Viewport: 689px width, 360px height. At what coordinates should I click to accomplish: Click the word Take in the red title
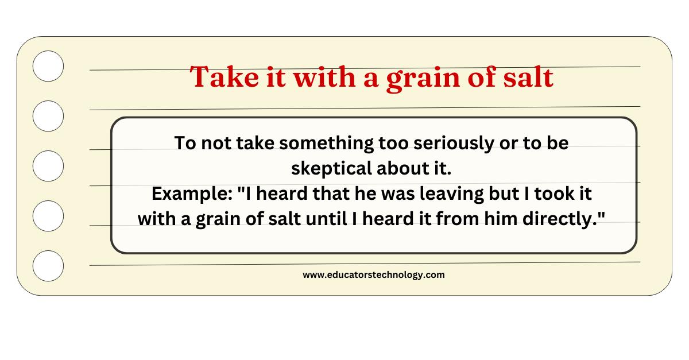pyautogui.click(x=224, y=77)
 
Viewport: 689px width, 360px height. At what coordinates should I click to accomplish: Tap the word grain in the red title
pyautogui.click(x=424, y=79)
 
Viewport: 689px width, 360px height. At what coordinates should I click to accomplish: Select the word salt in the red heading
pyautogui.click(x=528, y=77)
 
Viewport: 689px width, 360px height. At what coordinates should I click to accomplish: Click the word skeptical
pyautogui.click(x=332, y=169)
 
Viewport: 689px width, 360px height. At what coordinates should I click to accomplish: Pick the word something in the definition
pyautogui.click(x=326, y=144)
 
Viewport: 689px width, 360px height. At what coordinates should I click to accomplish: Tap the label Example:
pyautogui.click(x=192, y=194)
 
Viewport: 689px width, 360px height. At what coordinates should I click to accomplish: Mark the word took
pyautogui.click(x=552, y=194)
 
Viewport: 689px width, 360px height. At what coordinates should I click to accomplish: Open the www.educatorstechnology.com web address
pyautogui.click(x=374, y=275)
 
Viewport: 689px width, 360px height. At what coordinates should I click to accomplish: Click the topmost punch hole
pyautogui.click(x=48, y=66)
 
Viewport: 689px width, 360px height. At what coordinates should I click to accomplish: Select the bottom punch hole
pyautogui.click(x=48, y=266)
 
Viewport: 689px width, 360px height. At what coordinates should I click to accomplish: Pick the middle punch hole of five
pyautogui.click(x=48, y=166)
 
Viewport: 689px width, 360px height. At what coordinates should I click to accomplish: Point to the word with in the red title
pyautogui.click(x=324, y=76)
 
